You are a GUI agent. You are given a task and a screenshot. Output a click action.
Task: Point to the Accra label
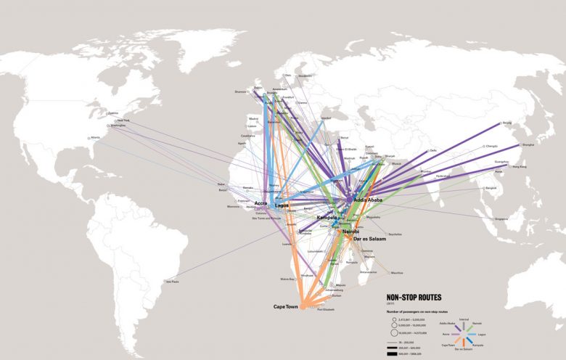tap(261, 203)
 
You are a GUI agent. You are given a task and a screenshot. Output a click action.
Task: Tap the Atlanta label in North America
tap(95, 138)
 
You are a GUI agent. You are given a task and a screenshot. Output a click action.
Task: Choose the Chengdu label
tap(492, 147)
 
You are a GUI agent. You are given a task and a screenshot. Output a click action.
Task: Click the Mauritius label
tap(396, 273)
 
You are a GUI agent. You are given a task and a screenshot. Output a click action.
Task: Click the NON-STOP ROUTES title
tap(413, 297)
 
